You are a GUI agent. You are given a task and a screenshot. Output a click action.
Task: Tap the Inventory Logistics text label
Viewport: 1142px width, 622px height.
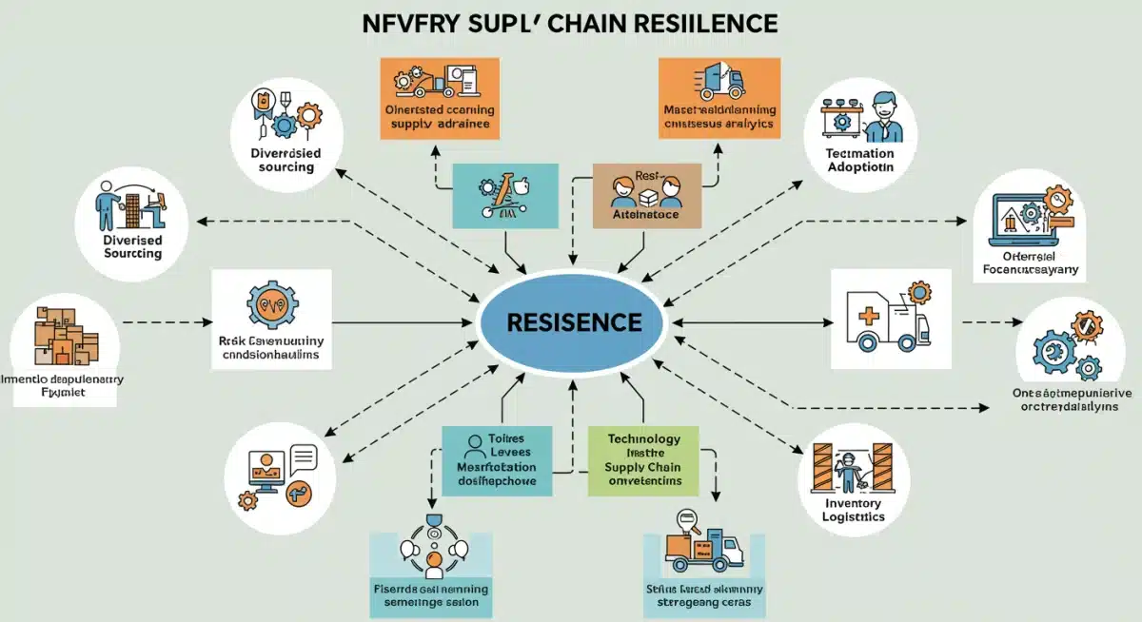coord(853,510)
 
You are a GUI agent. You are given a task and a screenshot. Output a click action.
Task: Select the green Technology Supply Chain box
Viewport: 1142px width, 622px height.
coord(643,460)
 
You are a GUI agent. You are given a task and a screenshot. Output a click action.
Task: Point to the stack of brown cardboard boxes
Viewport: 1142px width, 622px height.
coord(65,335)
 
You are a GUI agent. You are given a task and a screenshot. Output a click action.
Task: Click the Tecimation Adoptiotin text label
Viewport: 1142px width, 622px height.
coord(859,160)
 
